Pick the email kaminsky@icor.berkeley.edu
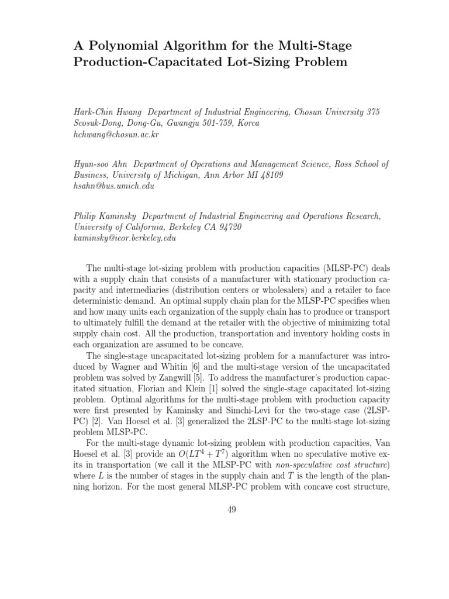click(125, 238)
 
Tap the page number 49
click(232, 510)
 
